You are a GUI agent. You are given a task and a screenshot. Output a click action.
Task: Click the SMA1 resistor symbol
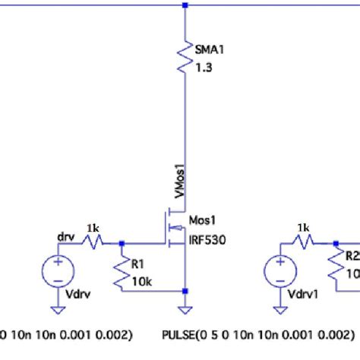click(185, 57)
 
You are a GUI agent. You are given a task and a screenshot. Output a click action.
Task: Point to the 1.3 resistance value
click(204, 67)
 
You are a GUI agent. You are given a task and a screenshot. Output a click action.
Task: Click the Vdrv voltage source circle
click(56, 271)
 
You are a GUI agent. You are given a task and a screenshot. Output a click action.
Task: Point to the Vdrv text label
click(78, 292)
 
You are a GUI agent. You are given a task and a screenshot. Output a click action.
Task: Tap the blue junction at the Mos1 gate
click(122, 244)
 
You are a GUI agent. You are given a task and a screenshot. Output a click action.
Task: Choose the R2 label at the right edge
click(352, 257)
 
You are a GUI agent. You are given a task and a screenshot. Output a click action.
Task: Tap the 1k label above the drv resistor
click(92, 229)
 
